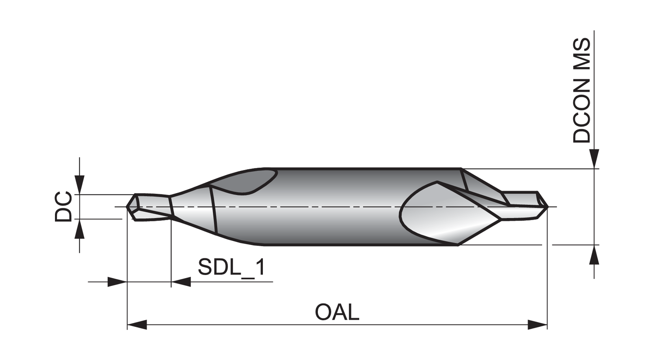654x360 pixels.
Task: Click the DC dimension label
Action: [63, 207]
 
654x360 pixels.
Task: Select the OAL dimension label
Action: [337, 312]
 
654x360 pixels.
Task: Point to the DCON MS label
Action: [582, 91]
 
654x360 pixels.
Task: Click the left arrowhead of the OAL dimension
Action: [137, 325]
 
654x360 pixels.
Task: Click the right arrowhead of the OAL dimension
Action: [538, 325]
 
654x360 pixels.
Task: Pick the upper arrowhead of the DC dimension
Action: [79, 184]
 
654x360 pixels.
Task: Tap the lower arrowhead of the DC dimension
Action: [79, 229]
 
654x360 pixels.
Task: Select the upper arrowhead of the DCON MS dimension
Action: [594, 159]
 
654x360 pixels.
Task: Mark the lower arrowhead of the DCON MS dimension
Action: [594, 255]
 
